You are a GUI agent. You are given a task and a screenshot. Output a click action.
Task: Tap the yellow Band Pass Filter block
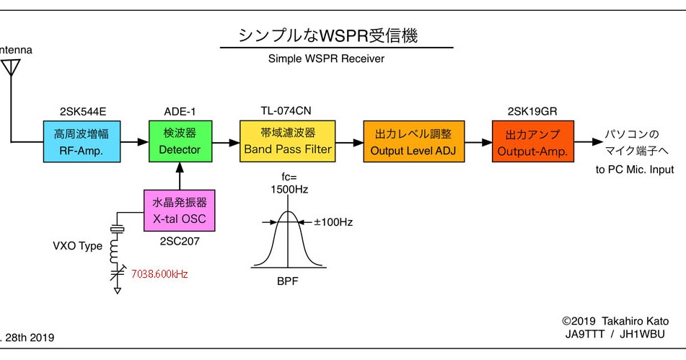pos(288,142)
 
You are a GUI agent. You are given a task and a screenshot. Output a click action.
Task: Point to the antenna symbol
pos(10,69)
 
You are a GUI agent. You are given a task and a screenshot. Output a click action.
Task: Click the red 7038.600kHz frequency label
pos(159,274)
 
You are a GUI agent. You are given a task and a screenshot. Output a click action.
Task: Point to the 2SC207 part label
pos(179,242)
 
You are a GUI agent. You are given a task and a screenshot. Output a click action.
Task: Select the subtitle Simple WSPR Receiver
pos(326,58)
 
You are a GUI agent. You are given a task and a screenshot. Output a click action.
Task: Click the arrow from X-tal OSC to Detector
pos(179,177)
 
